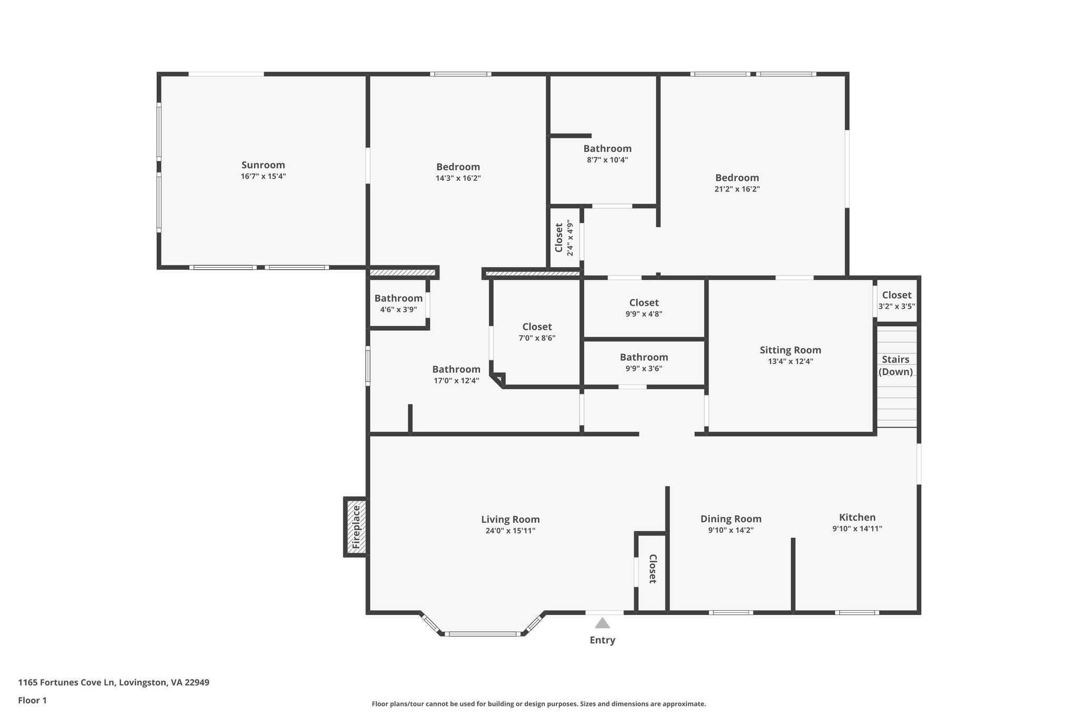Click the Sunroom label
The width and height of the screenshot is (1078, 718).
(263, 165)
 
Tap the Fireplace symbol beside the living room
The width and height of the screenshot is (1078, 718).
(356, 527)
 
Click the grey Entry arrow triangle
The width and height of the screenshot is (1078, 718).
(602, 623)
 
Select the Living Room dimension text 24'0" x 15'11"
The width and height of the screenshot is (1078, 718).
(510, 531)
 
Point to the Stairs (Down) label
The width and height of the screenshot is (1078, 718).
(895, 366)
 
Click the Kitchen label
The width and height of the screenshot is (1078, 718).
(857, 517)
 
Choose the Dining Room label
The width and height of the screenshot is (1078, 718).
(731, 519)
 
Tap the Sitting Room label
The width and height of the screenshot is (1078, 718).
(790, 350)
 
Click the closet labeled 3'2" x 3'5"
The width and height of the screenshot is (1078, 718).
(896, 300)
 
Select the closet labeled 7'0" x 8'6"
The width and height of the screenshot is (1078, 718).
(537, 332)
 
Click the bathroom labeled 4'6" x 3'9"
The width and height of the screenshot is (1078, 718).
(398, 304)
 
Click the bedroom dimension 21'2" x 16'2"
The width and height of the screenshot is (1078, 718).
(737, 189)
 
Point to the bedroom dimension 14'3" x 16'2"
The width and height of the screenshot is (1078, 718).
(458, 178)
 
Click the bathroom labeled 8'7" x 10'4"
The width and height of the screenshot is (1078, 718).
(607, 154)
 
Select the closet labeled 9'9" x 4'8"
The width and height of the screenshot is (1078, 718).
(644, 308)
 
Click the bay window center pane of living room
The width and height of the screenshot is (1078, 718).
(482, 634)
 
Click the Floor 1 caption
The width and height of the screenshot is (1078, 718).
(32, 700)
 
